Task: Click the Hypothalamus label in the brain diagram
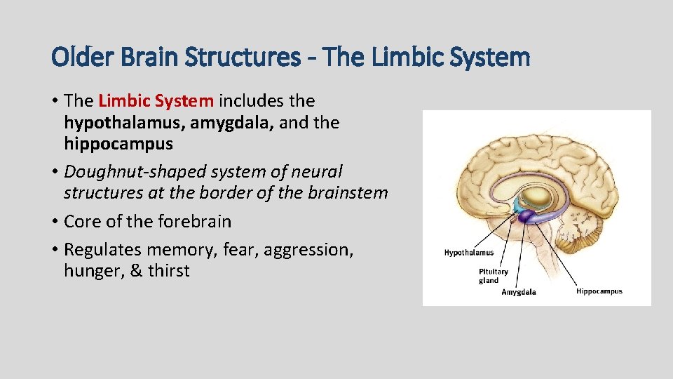point(468,253)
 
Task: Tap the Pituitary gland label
point(493,276)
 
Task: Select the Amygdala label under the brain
point(518,292)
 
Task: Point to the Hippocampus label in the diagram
point(599,291)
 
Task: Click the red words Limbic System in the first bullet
point(156,101)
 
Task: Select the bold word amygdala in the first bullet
point(232,123)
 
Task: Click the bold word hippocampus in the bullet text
point(118,144)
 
